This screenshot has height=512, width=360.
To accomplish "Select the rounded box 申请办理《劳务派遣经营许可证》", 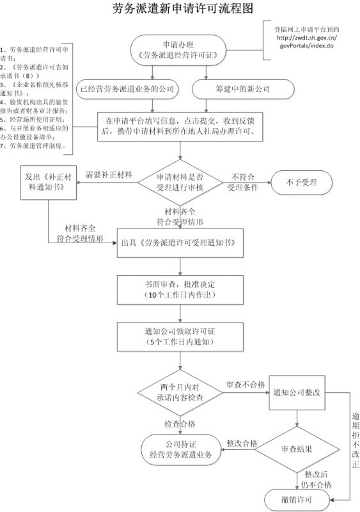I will pos(180,50).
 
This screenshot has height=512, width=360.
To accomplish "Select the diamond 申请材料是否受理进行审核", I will pos(180,182).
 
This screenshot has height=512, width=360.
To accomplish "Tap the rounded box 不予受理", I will pos(301,182).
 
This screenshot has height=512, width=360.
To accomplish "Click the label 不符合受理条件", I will pos(242,182).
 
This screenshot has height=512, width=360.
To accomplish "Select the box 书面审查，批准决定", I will pos(180,290).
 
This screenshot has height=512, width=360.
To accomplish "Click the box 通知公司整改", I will pos(296,392).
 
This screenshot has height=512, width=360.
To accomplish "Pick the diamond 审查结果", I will pos(297,449).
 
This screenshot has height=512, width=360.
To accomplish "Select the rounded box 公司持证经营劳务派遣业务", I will pos(180,449).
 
